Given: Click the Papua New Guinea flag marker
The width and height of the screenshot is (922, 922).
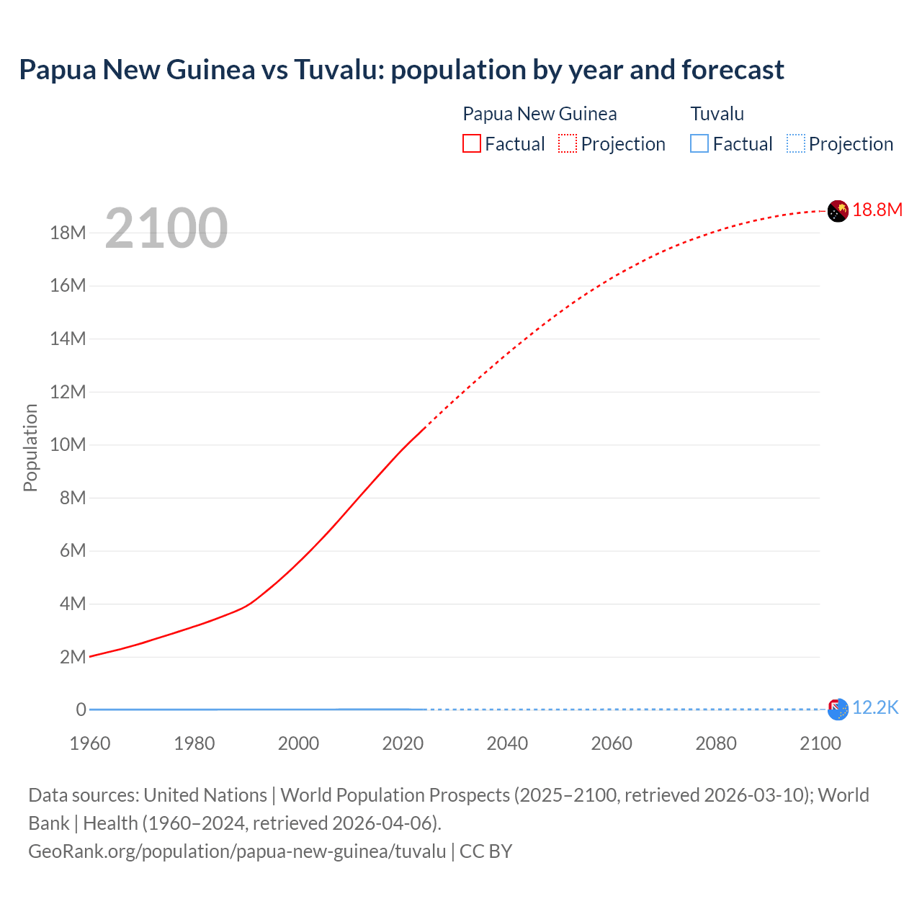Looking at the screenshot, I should pyautogui.click(x=838, y=211).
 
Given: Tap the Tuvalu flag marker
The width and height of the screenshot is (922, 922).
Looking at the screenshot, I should pyautogui.click(x=838, y=710).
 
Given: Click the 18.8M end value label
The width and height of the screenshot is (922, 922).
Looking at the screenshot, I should pyautogui.click(x=877, y=210).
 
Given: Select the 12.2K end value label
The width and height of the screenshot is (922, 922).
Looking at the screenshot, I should pyautogui.click(x=875, y=708).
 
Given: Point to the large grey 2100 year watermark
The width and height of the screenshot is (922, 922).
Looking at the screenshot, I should pyautogui.click(x=166, y=228).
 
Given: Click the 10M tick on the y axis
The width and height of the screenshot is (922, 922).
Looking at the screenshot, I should pyautogui.click(x=68, y=444).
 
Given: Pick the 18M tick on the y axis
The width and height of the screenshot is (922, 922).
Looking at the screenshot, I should pyautogui.click(x=68, y=233).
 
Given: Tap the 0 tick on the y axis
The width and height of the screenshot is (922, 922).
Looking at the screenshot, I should pyautogui.click(x=81, y=710).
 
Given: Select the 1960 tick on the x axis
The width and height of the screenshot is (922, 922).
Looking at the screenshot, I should pyautogui.click(x=90, y=743).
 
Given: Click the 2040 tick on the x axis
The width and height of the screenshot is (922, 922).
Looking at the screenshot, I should pyautogui.click(x=507, y=743).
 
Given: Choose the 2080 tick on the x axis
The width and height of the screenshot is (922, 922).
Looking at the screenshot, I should pyautogui.click(x=716, y=743).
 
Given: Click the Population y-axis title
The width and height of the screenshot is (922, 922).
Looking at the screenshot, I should pyautogui.click(x=30, y=447).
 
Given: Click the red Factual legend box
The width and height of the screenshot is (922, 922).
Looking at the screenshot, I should pyautogui.click(x=472, y=144).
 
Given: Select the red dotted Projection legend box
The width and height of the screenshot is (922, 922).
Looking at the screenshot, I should pyautogui.click(x=568, y=144).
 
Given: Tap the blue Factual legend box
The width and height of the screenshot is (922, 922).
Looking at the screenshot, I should pyautogui.click(x=699, y=144).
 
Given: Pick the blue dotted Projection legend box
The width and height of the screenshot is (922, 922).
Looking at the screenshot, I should pyautogui.click(x=796, y=144).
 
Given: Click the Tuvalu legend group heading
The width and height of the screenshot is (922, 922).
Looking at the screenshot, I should pyautogui.click(x=717, y=114).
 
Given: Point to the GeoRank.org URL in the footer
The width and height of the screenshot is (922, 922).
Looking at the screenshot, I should pyautogui.click(x=237, y=851).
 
